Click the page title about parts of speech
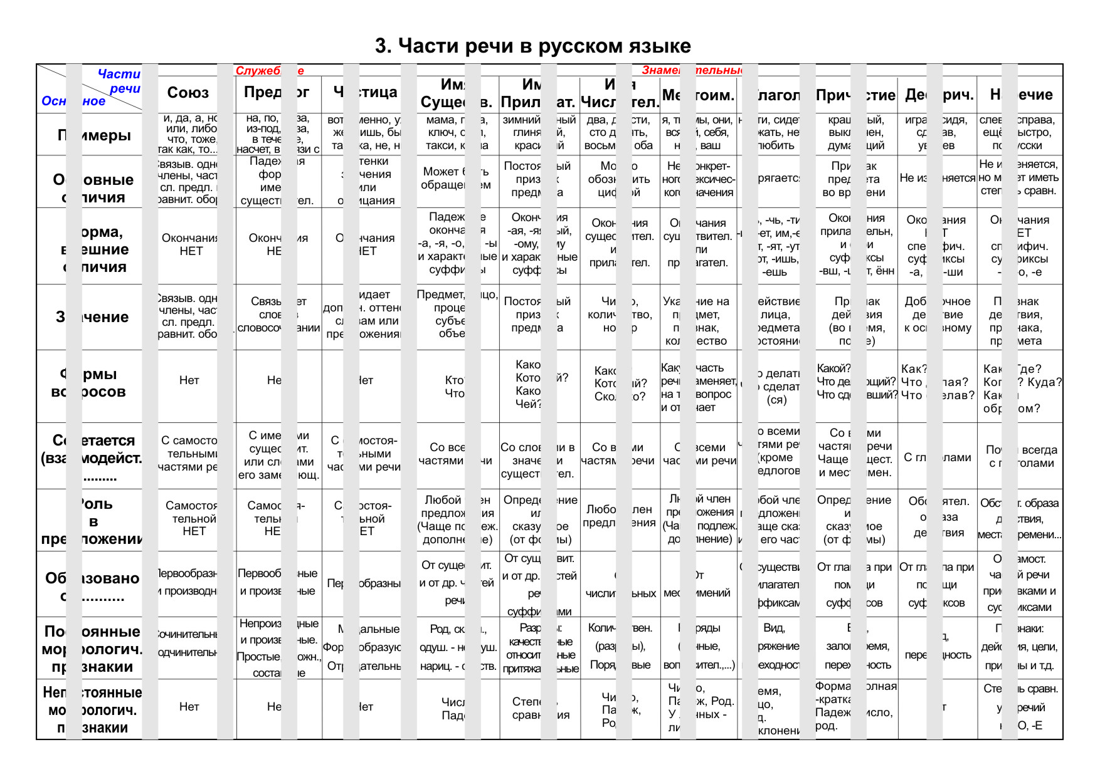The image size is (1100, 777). pyautogui.click(x=533, y=46)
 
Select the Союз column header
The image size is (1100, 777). pyautogui.click(x=188, y=93)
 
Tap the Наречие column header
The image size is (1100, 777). pyautogui.click(x=1021, y=95)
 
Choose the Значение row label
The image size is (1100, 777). pyautogui.click(x=93, y=317)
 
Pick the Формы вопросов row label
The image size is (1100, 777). pyautogui.click(x=93, y=383)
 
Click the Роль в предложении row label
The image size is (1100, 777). pyautogui.click(x=93, y=521)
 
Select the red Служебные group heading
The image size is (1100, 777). pyautogui.click(x=270, y=71)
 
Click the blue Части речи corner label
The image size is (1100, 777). pyautogui.click(x=119, y=81)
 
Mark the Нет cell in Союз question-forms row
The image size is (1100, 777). pyautogui.click(x=189, y=380)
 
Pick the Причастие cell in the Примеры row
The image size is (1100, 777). pyautogui.click(x=857, y=133)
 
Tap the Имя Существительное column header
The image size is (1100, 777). pyautogui.click(x=457, y=93)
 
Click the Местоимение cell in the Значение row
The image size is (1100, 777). pyautogui.click(x=700, y=321)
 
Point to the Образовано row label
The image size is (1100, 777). pyautogui.click(x=93, y=587)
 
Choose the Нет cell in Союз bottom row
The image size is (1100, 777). pyautogui.click(x=189, y=707)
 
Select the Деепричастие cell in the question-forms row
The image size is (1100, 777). pyautogui.click(x=938, y=382)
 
